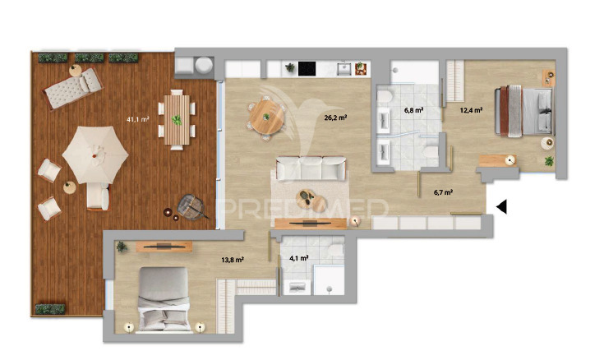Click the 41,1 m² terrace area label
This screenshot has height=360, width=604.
point(137,119)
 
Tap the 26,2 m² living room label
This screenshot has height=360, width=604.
point(335,118)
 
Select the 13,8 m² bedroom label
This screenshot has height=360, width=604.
point(232,261)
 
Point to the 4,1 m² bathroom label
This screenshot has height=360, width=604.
point(298,258)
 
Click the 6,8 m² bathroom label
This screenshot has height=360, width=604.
point(413,110)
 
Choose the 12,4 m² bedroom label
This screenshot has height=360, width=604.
point(471,110)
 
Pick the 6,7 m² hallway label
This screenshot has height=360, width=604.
point(443,192)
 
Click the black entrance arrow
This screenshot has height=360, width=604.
point(501,207)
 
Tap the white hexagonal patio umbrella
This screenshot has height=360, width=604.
point(95,155)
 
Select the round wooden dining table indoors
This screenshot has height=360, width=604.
point(266,117)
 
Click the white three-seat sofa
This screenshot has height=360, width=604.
point(311,168)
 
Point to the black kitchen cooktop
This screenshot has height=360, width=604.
point(307,68)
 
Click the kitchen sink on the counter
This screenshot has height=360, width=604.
point(344,69)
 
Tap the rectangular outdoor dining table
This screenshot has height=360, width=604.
point(177,120)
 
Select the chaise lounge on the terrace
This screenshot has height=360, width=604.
point(73,88)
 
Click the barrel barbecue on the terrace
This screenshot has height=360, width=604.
point(191,206)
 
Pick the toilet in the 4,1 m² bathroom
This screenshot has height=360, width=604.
point(336,249)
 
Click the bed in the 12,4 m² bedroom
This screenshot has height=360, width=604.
point(524,111)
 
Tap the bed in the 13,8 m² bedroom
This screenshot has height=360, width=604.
point(164,299)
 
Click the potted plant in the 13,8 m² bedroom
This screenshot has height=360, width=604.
point(122,247)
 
